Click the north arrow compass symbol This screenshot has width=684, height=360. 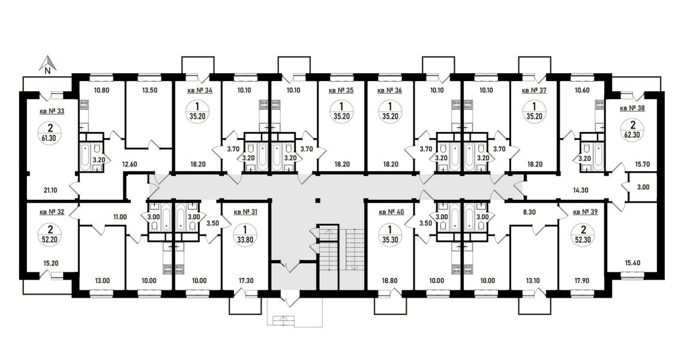point(49,64)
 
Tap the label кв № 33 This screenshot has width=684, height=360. point(52,111)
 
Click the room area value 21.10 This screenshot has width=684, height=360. point(50,190)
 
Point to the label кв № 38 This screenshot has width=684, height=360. point(632,108)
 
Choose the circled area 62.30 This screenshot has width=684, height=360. point(632,130)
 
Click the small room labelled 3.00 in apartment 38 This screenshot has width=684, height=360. point(643,187)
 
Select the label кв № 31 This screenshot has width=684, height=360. point(246,212)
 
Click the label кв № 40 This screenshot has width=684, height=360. point(391,212)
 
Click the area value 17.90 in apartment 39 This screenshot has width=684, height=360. point(582,281)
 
